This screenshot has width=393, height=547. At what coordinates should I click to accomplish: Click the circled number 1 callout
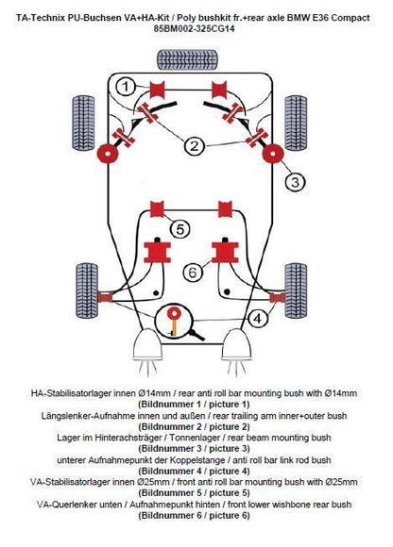tap(124, 88)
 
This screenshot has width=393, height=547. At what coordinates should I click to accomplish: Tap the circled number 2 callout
tap(194, 145)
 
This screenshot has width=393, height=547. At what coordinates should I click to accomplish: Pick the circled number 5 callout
tap(179, 227)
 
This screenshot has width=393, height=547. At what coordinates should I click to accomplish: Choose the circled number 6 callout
tap(193, 273)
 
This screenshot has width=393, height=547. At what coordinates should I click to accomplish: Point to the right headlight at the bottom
tap(245, 348)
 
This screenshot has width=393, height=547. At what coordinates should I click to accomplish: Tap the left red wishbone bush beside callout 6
tap(154, 252)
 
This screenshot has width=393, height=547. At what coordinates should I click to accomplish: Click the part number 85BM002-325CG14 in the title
tap(196, 29)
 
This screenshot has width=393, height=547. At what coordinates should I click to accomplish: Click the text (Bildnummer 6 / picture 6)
tap(196, 515)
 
